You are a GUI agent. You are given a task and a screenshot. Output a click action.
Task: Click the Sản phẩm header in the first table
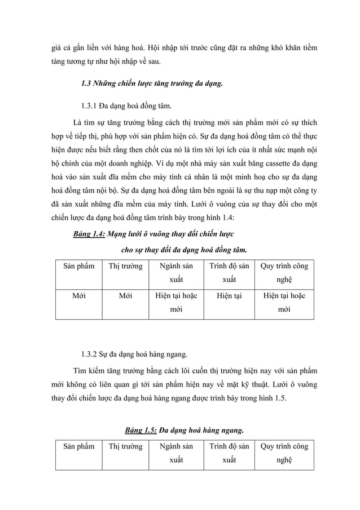point(78,266)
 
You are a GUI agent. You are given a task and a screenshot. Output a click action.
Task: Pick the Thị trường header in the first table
point(125,266)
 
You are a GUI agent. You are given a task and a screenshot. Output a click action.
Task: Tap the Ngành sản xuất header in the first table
point(176,272)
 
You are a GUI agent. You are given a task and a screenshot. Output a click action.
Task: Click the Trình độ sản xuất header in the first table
point(229,272)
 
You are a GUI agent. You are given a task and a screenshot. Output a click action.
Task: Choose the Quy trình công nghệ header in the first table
point(284,272)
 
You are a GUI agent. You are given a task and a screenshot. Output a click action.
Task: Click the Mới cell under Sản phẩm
point(78,296)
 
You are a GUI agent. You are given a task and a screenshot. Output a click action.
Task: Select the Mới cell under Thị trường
point(125,296)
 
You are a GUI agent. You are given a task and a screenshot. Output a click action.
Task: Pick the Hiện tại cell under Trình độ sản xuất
point(229,296)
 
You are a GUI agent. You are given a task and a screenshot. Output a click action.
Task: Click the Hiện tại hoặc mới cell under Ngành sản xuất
point(176,303)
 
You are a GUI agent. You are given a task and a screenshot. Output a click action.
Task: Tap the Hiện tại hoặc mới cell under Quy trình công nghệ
point(284,303)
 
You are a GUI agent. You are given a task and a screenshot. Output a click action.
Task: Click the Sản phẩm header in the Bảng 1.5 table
point(78,446)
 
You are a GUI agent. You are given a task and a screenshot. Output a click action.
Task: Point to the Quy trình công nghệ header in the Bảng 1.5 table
point(284,453)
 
